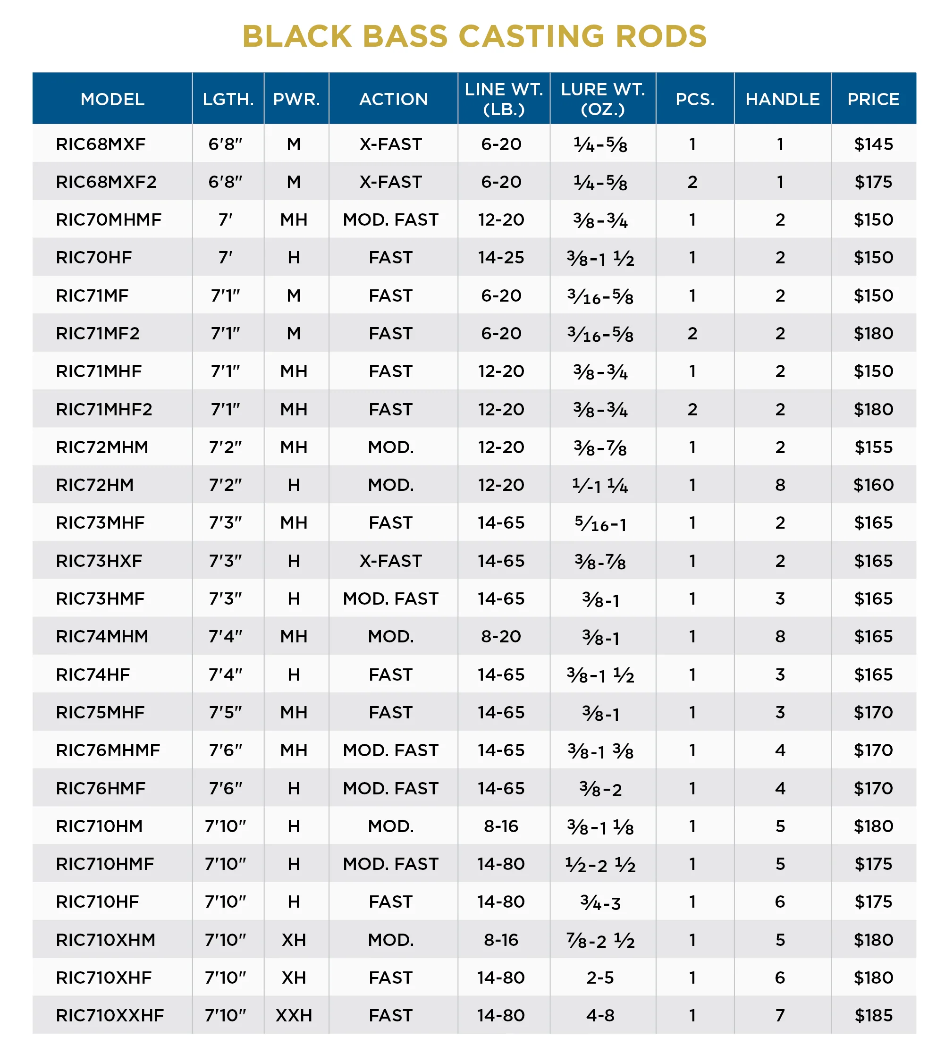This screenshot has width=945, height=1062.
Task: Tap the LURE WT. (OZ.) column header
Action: [x=602, y=99]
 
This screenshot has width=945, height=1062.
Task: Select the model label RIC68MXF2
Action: [x=106, y=182]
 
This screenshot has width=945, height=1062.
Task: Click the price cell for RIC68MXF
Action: [x=873, y=144]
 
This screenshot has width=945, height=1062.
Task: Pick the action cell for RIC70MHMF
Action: [x=390, y=220]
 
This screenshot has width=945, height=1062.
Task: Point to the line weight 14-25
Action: [x=501, y=257]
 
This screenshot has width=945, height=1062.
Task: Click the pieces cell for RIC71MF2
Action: [x=692, y=333]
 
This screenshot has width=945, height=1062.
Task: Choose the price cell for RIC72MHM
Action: [x=873, y=447]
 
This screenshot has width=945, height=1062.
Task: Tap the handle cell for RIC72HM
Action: [x=780, y=485]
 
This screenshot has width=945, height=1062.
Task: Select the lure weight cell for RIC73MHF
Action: [x=600, y=523]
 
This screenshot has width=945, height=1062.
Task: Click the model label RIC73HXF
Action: [x=99, y=561]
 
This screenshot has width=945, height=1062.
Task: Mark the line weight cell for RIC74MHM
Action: [x=501, y=636]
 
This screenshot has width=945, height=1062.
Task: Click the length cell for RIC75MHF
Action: [x=225, y=712]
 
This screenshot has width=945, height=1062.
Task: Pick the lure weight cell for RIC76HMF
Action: [x=600, y=788]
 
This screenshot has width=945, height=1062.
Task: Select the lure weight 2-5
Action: [x=600, y=978]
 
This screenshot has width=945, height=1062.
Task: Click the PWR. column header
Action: [x=296, y=99]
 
